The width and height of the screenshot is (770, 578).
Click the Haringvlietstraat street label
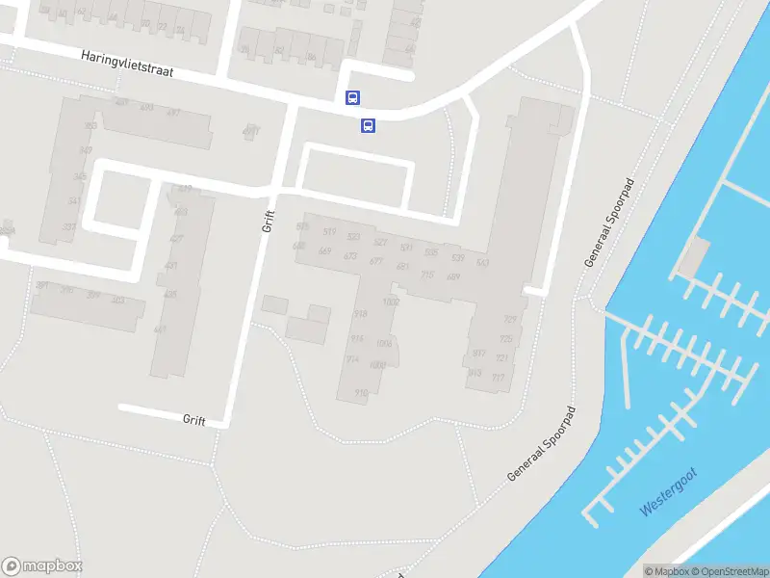coord(126,66)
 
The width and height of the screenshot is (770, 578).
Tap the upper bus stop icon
coord(353,97)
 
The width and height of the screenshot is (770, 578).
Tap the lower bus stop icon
coord(368,125)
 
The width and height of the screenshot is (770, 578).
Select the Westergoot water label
coord(669,490)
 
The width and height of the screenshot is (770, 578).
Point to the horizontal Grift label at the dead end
coord(194,419)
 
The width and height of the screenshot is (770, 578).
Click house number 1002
coord(391,302)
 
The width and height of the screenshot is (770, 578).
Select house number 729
coord(510,320)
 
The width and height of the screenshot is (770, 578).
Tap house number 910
coord(361,392)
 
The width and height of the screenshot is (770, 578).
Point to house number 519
coord(329,231)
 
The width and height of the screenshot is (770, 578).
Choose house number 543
coord(482,262)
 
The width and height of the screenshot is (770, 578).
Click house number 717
coord(498,378)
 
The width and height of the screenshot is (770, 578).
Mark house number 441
coord(160,329)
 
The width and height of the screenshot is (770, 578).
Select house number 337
coord(69,227)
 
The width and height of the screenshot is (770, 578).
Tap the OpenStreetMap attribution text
coord(729,571)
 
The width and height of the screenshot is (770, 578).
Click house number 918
coord(361,314)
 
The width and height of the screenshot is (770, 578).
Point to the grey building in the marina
coord(693,254)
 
